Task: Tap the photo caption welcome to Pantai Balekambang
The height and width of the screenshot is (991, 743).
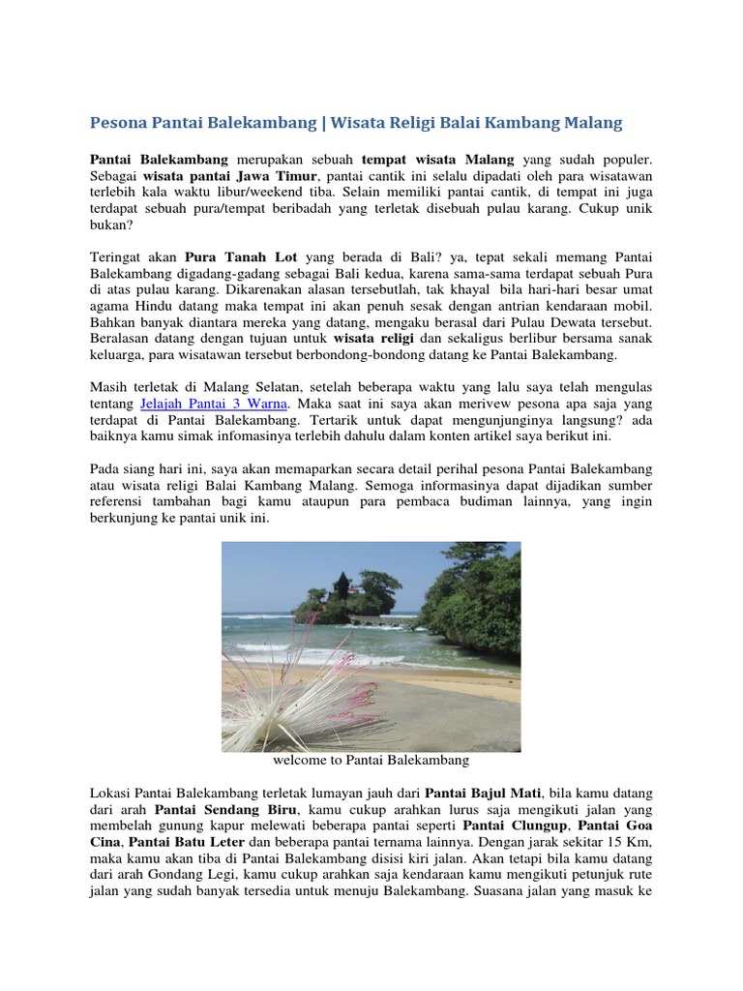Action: [x=371, y=761]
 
